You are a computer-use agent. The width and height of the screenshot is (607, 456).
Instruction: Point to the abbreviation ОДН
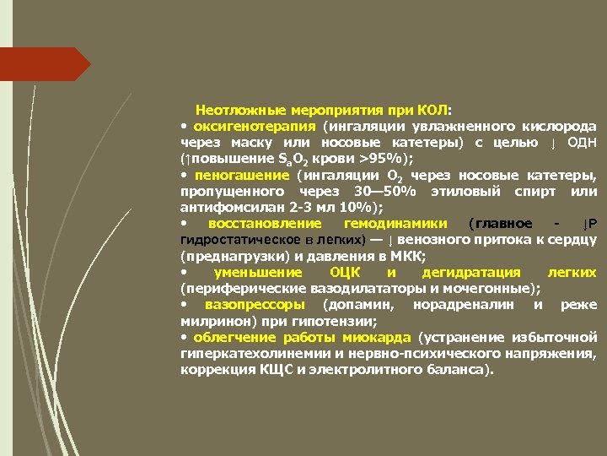click(x=581, y=142)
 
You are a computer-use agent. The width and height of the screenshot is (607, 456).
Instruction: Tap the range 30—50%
click(x=385, y=191)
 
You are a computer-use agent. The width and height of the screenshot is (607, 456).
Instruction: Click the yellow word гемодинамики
click(x=400, y=224)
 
